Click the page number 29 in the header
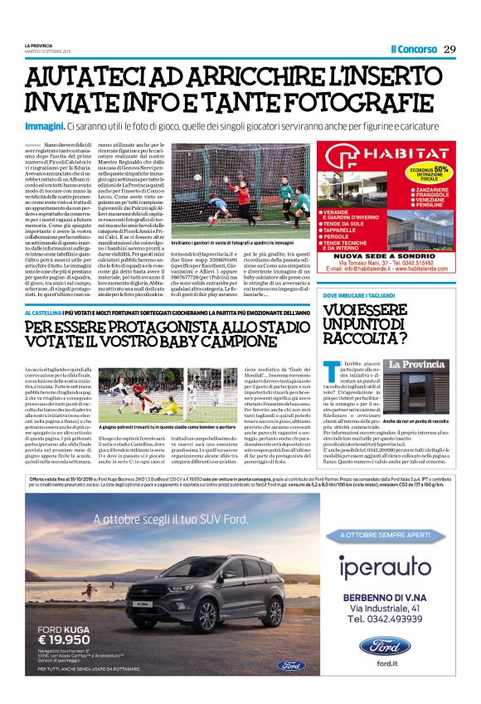coord(449,49)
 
